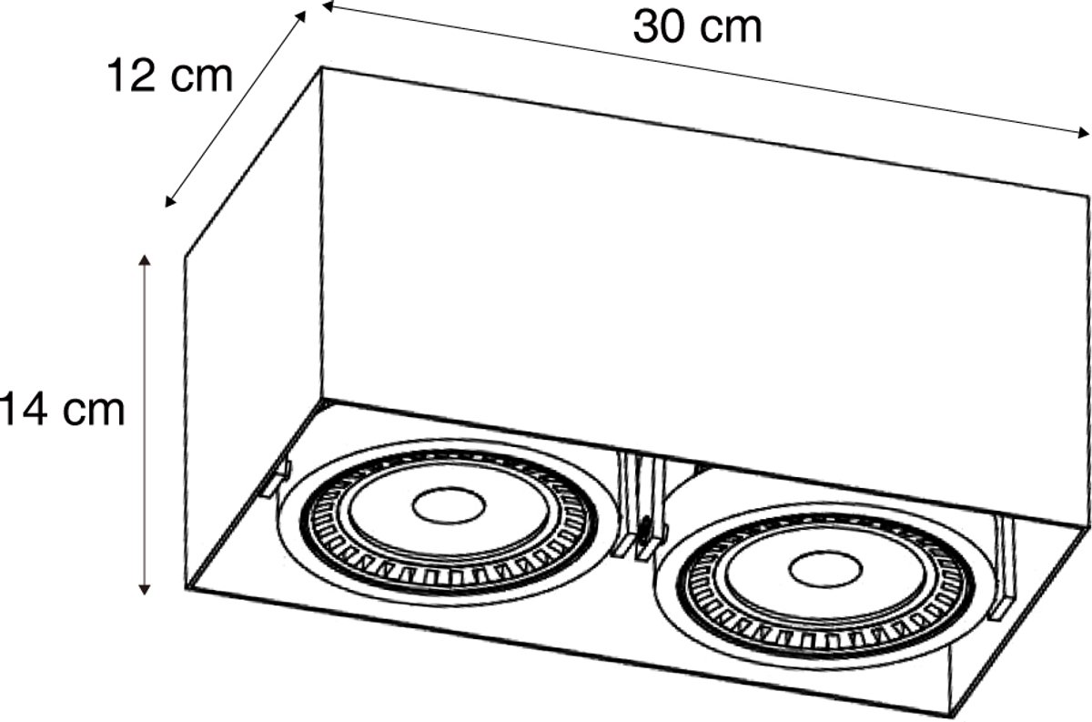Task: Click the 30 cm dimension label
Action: [697, 27]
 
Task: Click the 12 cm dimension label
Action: [170, 76]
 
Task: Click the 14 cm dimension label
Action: [63, 410]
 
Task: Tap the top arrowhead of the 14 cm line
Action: [144, 259]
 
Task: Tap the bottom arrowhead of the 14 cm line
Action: [144, 590]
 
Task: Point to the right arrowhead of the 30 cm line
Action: [1083, 132]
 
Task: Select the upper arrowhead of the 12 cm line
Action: [301, 15]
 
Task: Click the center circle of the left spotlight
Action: [449, 505]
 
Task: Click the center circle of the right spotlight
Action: [825, 570]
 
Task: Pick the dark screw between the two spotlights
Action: [644, 529]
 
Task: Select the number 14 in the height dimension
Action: [24, 410]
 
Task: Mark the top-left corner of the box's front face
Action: [321, 67]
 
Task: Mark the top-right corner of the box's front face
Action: [1088, 196]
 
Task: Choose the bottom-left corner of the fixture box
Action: [187, 589]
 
